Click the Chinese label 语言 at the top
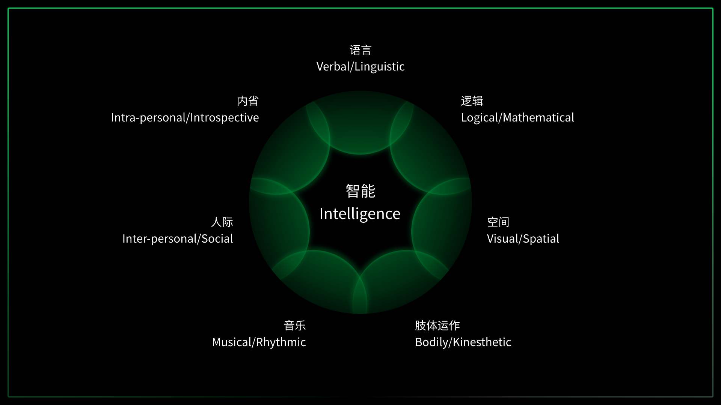point(360,50)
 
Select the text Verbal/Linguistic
point(360,67)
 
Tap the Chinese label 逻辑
point(472,101)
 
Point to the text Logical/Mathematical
point(517,118)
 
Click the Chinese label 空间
point(498,222)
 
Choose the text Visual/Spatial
point(523,239)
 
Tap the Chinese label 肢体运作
point(437,325)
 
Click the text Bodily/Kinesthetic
point(463,342)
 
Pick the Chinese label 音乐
point(295,325)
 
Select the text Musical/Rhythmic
point(259,342)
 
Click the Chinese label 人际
point(222,222)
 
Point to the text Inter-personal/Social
point(178,239)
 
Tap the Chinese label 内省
point(248,101)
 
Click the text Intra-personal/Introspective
point(185,118)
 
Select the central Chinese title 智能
point(360,191)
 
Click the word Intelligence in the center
point(360,214)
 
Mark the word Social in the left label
point(217,239)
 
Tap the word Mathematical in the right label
point(538,118)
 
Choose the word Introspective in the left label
point(225,118)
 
